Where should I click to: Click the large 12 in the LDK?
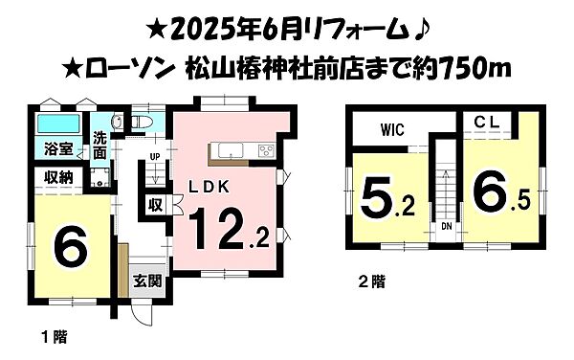pyautogui.click(x=221, y=230)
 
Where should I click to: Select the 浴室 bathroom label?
pyautogui.click(x=58, y=149)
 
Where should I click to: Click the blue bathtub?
pyautogui.click(x=56, y=125)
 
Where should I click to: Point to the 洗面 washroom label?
pyautogui.click(x=100, y=145)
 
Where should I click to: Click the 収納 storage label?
pyautogui.click(x=58, y=178)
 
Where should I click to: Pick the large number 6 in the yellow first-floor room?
pyautogui.click(x=73, y=246)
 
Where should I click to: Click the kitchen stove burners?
pyautogui.click(x=264, y=150)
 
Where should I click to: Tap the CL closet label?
pyautogui.click(x=486, y=123)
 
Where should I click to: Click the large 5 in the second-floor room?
pyautogui.click(x=375, y=200)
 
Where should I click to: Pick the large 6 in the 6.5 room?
pyautogui.click(x=488, y=199)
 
